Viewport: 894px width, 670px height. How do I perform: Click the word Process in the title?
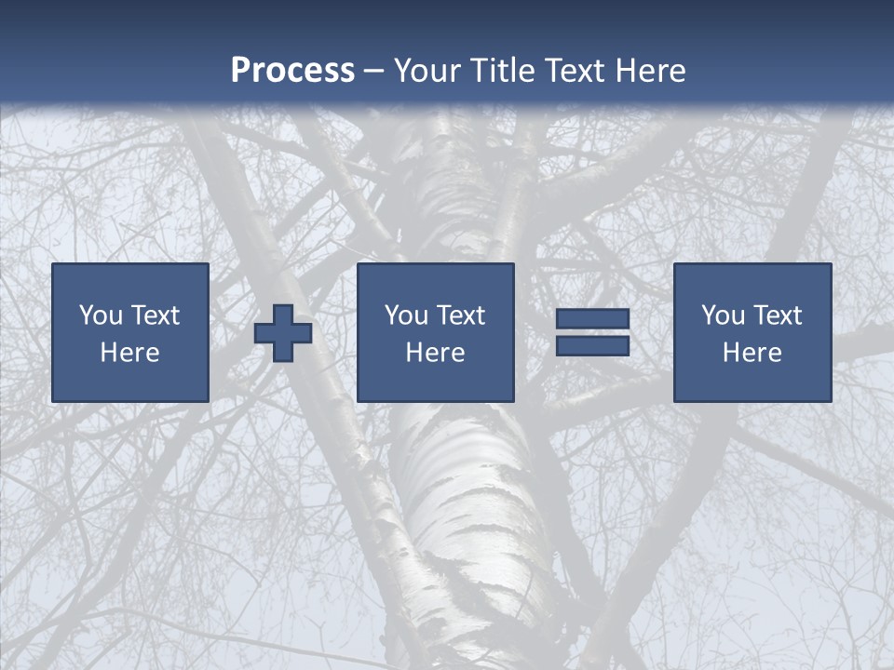[292, 71]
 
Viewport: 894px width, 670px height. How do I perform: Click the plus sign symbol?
[283, 333]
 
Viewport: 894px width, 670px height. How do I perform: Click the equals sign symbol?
[592, 332]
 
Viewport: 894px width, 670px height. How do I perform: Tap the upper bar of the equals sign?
[592, 319]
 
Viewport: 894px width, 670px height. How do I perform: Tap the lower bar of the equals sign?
[592, 345]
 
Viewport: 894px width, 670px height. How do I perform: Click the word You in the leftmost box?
[101, 315]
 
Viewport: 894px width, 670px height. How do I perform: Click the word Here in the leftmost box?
[129, 353]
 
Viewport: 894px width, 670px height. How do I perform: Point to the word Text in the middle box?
[462, 315]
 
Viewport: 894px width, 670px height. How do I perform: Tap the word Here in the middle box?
[435, 353]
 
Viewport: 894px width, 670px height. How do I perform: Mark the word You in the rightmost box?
[723, 315]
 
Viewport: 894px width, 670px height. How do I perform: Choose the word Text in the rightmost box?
[779, 315]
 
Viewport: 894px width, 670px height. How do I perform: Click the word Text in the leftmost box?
[156, 315]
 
